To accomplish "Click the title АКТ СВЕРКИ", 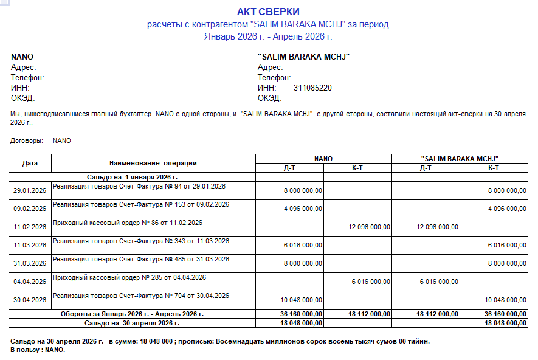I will [268, 12].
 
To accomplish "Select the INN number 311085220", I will [312, 88].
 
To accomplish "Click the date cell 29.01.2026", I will [30, 190].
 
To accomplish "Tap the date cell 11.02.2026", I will [30, 227].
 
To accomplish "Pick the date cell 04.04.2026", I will [30, 282].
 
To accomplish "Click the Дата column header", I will [30, 163].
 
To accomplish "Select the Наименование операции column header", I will [153, 163].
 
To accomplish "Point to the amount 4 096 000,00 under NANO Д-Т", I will [303, 209].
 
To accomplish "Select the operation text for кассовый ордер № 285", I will [129, 277].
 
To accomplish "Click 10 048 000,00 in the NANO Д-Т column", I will [301, 300].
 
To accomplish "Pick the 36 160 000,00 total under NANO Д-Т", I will [301, 314].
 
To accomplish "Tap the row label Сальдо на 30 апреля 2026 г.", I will [131, 323].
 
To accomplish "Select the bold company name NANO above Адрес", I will [22, 57].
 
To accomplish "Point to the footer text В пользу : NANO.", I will [38, 350].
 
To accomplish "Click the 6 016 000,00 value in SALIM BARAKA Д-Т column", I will [439, 282].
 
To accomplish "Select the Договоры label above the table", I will [27, 140].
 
